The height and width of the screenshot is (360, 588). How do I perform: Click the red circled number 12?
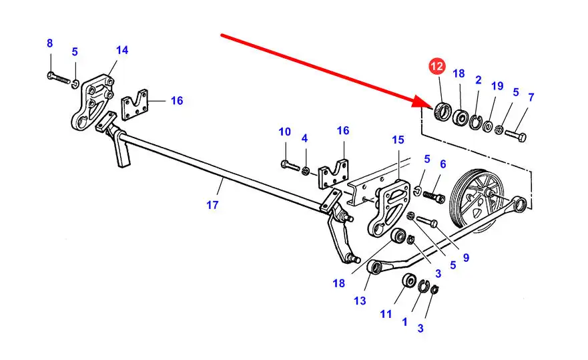click(436, 67)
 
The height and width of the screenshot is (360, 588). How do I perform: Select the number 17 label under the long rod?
click(212, 205)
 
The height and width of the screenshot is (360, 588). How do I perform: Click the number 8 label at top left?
click(49, 43)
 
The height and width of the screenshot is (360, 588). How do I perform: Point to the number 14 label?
click(121, 50)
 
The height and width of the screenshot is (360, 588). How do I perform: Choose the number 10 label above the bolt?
click(285, 132)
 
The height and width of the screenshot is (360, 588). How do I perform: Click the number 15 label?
click(398, 140)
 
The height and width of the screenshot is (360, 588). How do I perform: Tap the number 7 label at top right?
click(531, 98)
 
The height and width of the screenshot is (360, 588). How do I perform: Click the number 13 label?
click(360, 301)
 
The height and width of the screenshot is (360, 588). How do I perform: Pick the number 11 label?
click(386, 313)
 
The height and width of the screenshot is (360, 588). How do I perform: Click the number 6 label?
click(443, 164)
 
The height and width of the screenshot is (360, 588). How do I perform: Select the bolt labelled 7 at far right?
click(515, 135)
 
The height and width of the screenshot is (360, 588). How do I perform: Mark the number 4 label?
click(304, 138)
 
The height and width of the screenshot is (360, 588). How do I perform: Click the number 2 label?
click(478, 80)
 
